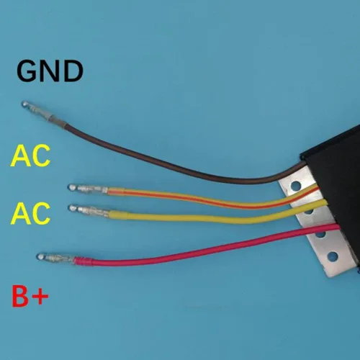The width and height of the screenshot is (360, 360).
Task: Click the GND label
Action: pos(50,71)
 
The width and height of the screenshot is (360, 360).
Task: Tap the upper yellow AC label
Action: pos(30,156)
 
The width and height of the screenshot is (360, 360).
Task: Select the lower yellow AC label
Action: pos(30,213)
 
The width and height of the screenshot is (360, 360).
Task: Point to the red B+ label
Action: pos(30,296)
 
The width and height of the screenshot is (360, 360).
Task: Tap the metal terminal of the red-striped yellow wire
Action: pos(88,189)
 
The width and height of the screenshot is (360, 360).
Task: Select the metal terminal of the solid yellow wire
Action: pos(89,210)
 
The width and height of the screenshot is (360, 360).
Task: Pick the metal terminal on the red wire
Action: pos(55,258)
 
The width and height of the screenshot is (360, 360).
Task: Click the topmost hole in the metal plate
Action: pos(295,186)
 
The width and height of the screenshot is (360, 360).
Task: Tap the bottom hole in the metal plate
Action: pos(332,256)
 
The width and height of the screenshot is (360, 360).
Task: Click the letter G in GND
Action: pos(26,71)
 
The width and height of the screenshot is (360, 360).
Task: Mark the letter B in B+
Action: pos(20,296)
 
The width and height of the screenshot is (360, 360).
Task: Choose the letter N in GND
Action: pos(50,71)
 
